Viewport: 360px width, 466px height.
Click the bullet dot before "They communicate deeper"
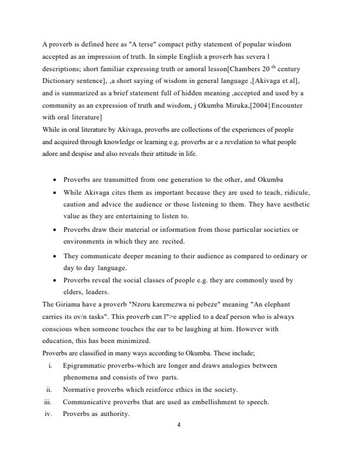[55, 257]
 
